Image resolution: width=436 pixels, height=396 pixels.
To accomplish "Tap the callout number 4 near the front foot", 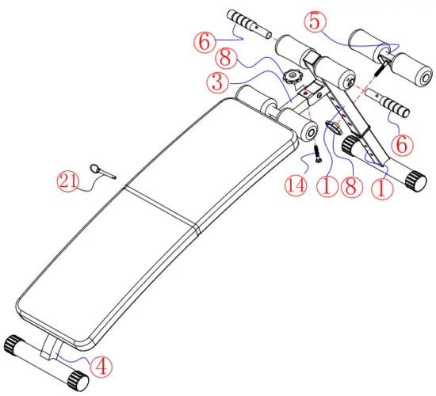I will (101, 365).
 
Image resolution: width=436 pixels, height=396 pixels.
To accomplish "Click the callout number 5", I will (316, 22).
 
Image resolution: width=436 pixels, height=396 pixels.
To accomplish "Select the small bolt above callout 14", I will (316, 151).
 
